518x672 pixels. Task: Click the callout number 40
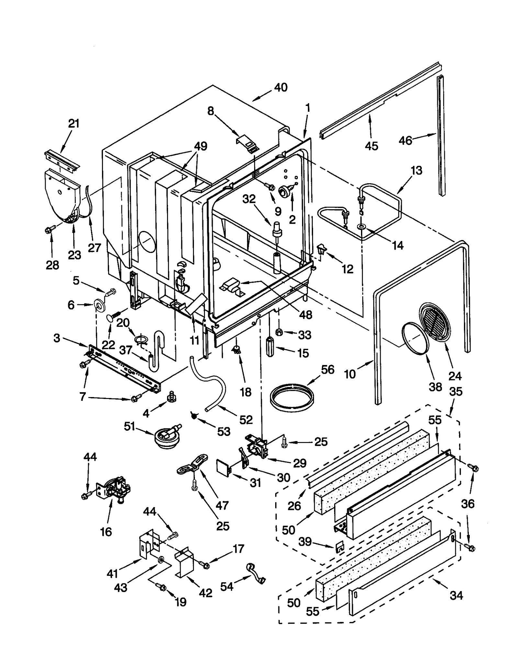280,87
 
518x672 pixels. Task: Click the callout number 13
416,170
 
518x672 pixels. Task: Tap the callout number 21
73,123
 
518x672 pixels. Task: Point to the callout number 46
405,140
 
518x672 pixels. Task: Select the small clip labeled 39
339,547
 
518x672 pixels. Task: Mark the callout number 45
371,146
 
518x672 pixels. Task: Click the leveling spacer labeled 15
270,347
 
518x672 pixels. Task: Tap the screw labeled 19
162,587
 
